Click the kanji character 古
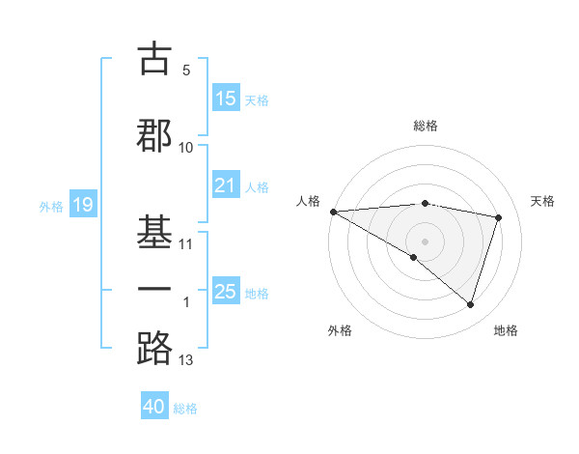pos(155,59)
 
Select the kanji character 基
pos(155,229)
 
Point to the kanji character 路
pos(155,348)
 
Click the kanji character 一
pos(155,289)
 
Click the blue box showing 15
pos(226,99)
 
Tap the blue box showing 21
pos(226,185)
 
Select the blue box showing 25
pos(226,292)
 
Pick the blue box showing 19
pos(82,205)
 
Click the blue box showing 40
pos(154,408)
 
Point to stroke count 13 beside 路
pos(186,361)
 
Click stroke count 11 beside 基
pos(186,243)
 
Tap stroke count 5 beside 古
pos(186,71)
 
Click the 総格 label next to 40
pos(185,409)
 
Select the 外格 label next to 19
pos(51,206)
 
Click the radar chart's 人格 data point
pos(333,212)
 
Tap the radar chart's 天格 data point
pos(499,217)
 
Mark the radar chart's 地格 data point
pos(470,305)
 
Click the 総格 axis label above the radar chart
pos(425,126)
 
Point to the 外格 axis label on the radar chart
pos(340,330)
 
